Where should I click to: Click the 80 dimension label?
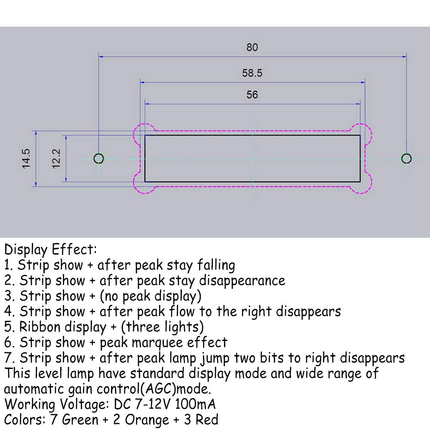click(252, 47)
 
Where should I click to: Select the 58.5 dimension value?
click(252, 73)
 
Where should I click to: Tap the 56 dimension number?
click(252, 95)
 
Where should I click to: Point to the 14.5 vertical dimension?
click(26, 159)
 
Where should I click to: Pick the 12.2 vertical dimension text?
click(56, 159)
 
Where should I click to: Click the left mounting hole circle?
click(99, 159)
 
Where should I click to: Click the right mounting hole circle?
click(406, 159)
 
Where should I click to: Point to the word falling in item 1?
click(216, 265)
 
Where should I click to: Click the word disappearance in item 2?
click(242, 281)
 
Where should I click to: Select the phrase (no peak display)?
click(151, 296)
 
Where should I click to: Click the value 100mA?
click(195, 404)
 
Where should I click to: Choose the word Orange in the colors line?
click(147, 420)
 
